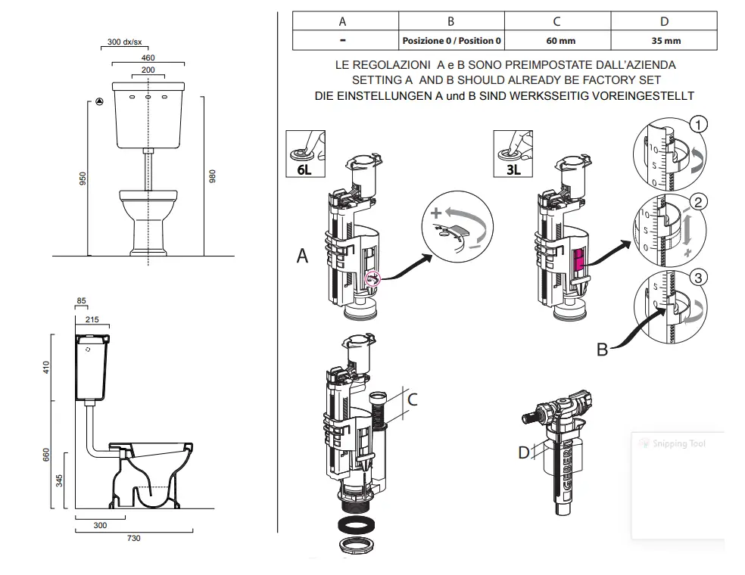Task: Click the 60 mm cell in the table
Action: [556, 40]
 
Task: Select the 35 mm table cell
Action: [664, 40]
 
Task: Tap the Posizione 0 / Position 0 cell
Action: [451, 40]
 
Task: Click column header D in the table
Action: [664, 21]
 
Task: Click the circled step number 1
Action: [699, 124]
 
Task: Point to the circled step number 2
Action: [699, 201]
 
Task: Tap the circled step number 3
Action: [699, 278]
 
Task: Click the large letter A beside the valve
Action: [303, 256]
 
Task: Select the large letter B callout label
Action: [603, 349]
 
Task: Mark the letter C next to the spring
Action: [413, 398]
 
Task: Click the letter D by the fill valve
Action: [524, 452]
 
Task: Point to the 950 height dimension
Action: [84, 179]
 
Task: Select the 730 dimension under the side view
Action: [134, 539]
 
